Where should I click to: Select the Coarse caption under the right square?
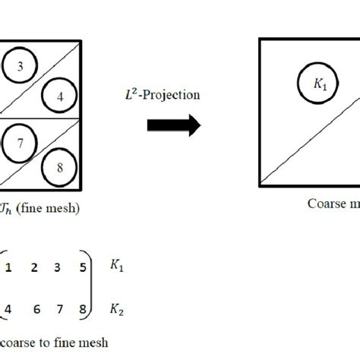coord(333,204)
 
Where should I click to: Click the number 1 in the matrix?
coord(8,267)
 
